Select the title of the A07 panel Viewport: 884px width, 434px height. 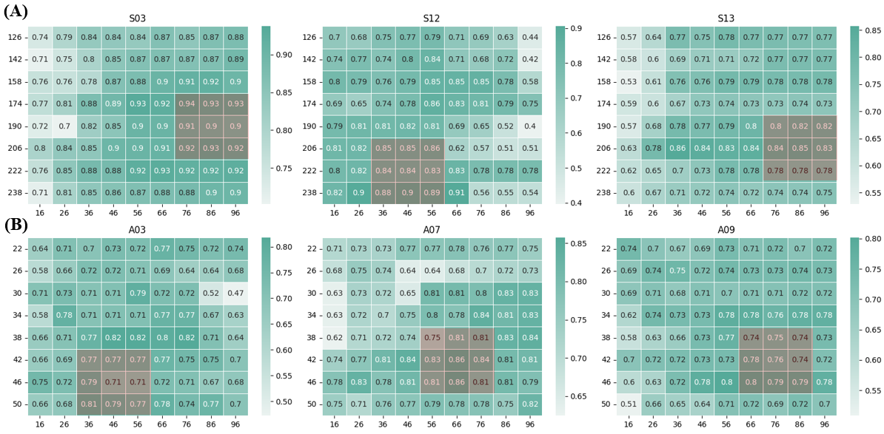[x=432, y=229]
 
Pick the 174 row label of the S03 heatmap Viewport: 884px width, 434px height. [x=15, y=104]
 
